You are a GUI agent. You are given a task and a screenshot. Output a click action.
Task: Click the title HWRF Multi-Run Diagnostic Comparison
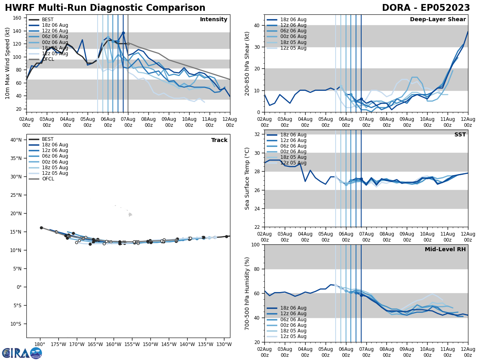coord(105,8)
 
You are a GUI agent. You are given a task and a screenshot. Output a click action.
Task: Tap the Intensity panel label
coord(214,20)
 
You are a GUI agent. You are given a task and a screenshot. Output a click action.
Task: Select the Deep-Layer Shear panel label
coord(438,20)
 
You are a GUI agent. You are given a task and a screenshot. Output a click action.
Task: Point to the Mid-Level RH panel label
coord(445,250)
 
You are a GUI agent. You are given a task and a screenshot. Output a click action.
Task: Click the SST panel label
coord(460,135)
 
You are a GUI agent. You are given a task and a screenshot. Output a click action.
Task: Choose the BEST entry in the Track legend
coord(48,139)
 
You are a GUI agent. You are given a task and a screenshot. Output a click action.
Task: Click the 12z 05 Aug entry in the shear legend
coord(294,48)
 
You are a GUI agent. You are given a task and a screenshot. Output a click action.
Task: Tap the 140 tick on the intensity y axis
coord(18,31)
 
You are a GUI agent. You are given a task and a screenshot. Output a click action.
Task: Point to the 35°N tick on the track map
coord(16,158)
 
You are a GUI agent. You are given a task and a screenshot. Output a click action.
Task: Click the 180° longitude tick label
coord(40,344)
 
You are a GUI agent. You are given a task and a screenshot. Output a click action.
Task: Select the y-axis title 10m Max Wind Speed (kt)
coord(8,63)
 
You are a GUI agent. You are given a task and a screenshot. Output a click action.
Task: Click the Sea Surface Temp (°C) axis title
coord(247,178)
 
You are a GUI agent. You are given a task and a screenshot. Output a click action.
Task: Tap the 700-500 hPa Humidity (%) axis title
coord(247,293)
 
